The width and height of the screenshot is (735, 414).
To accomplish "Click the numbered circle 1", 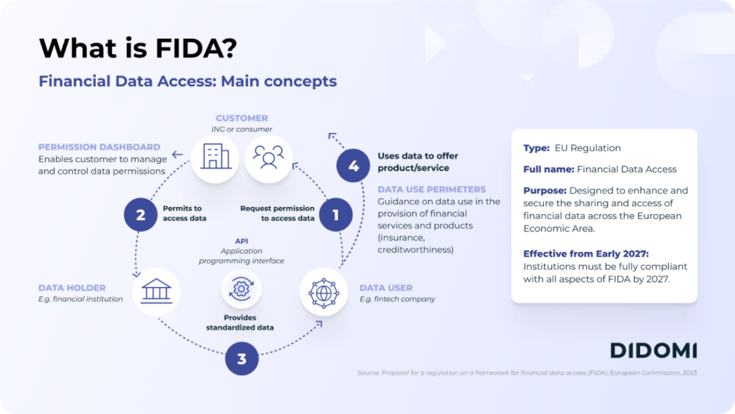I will [335, 215].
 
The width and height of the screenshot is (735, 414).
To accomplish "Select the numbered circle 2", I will [140, 215].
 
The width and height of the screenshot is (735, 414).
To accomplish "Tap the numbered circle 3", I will [241, 358].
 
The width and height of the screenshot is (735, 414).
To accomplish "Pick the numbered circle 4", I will [353, 166].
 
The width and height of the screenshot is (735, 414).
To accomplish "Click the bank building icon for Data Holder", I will [156, 292].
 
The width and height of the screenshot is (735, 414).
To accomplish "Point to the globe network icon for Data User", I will [323, 292].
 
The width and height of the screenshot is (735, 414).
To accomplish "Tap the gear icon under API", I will [241, 290].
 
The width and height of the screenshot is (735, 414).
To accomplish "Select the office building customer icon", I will [214, 158].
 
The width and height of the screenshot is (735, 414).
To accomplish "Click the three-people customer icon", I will [269, 158].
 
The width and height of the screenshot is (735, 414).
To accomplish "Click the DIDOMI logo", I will [653, 350].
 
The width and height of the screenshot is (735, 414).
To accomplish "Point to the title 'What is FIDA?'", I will [137, 48].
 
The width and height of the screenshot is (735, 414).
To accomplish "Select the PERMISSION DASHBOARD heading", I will [99, 146].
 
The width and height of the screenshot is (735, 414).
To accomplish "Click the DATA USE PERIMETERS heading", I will [432, 189].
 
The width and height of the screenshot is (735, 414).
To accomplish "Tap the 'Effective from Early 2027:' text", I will [586, 253].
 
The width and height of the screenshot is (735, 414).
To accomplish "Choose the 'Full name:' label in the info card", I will [548, 169].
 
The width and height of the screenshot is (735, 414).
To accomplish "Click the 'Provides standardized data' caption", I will [240, 322].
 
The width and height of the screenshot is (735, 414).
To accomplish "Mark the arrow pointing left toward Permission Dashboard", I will [177, 154].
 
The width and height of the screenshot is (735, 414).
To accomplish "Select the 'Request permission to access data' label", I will [277, 213].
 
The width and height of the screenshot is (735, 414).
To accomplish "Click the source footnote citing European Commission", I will [527, 373].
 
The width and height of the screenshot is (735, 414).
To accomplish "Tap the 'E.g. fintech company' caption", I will [397, 299].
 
